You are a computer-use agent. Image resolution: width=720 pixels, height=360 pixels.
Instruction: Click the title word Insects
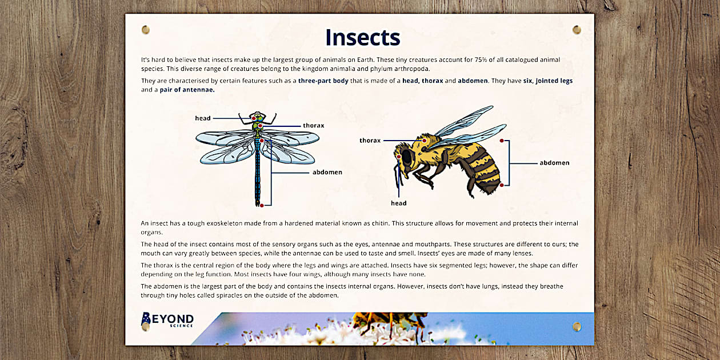(x=362, y=37)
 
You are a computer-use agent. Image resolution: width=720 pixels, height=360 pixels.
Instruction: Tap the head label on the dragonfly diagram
(x=203, y=118)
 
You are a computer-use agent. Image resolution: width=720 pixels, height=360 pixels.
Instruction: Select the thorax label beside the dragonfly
(x=314, y=126)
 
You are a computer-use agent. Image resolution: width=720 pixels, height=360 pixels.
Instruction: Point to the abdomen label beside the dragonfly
(x=327, y=172)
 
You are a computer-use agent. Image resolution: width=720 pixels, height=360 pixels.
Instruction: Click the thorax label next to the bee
(x=370, y=140)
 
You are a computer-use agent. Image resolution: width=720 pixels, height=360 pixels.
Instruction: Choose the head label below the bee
(x=398, y=203)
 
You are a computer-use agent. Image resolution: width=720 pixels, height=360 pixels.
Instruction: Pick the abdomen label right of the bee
(x=554, y=163)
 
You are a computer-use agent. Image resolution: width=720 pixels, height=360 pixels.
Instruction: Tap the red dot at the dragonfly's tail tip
(x=261, y=205)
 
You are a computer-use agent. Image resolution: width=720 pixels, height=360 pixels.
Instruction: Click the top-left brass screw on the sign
(x=145, y=30)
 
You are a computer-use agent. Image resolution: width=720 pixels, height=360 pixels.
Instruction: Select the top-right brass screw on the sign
(x=577, y=30)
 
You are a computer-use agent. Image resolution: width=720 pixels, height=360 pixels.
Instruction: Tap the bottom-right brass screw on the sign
(x=577, y=326)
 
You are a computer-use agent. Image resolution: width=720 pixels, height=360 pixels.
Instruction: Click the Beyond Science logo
(x=167, y=320)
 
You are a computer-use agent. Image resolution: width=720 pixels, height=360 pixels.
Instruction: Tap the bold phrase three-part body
(x=323, y=81)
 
